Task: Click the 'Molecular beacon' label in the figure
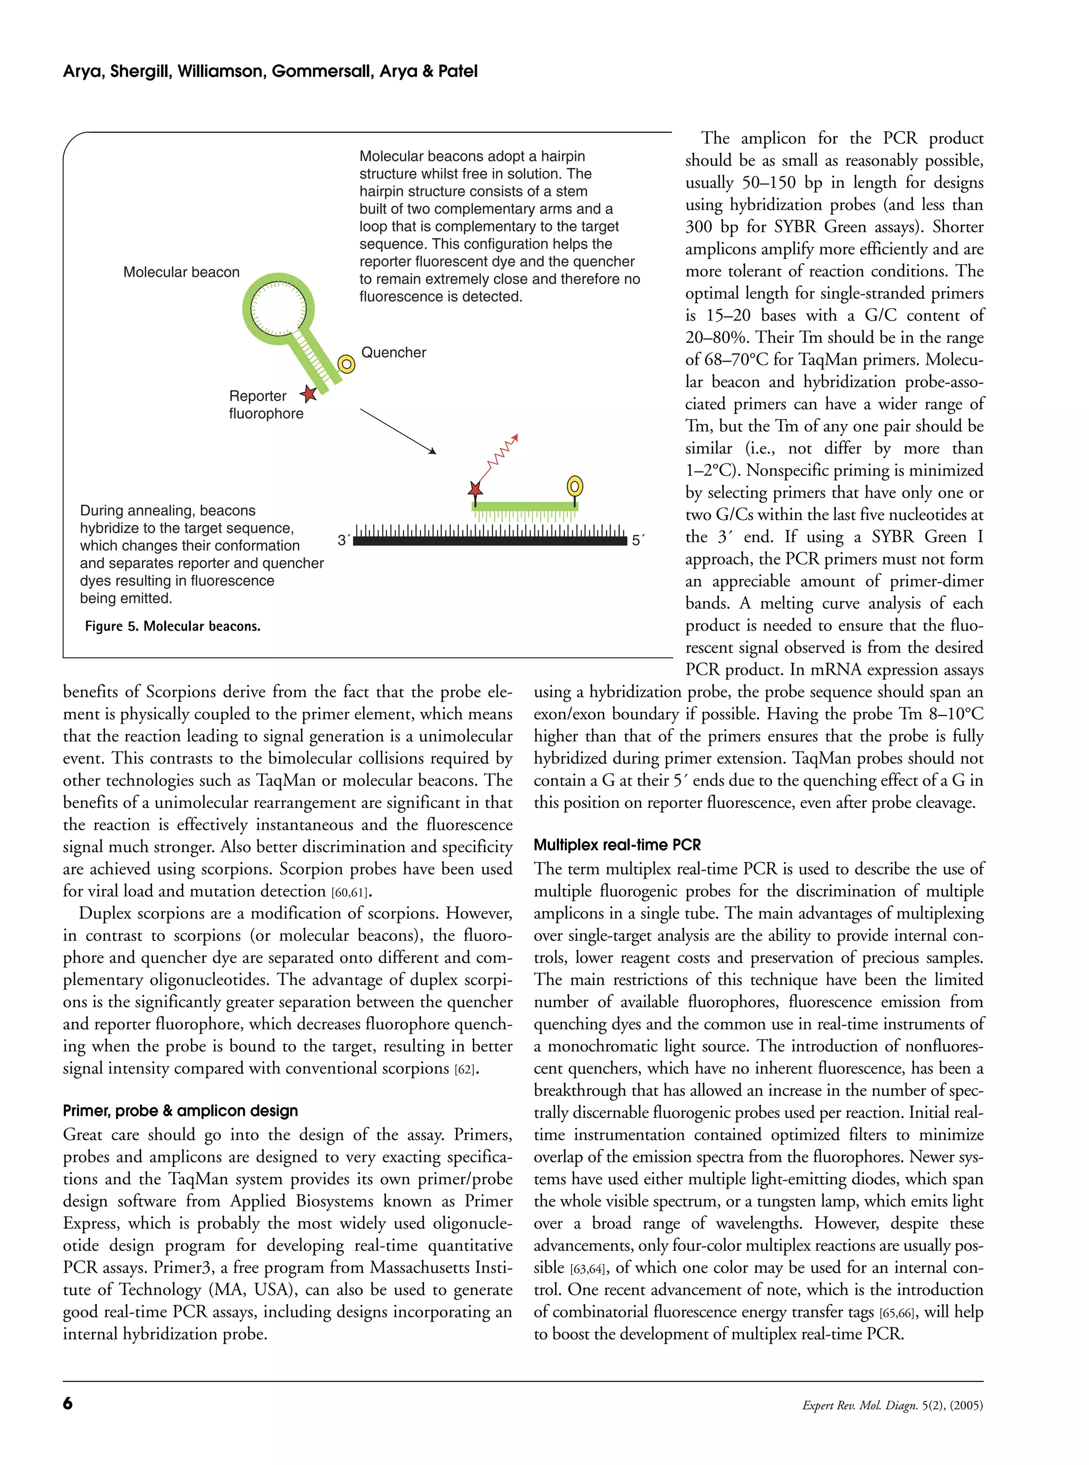181,272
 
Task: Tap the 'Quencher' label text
393,352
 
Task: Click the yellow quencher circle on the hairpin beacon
346,364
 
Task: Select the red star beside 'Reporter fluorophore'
308,394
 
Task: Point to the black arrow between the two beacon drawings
398,431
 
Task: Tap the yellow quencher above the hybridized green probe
574,486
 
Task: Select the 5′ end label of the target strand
637,541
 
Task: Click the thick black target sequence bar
490,541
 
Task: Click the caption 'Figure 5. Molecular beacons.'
173,626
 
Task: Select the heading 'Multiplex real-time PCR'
617,845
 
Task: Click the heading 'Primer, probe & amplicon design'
180,1110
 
